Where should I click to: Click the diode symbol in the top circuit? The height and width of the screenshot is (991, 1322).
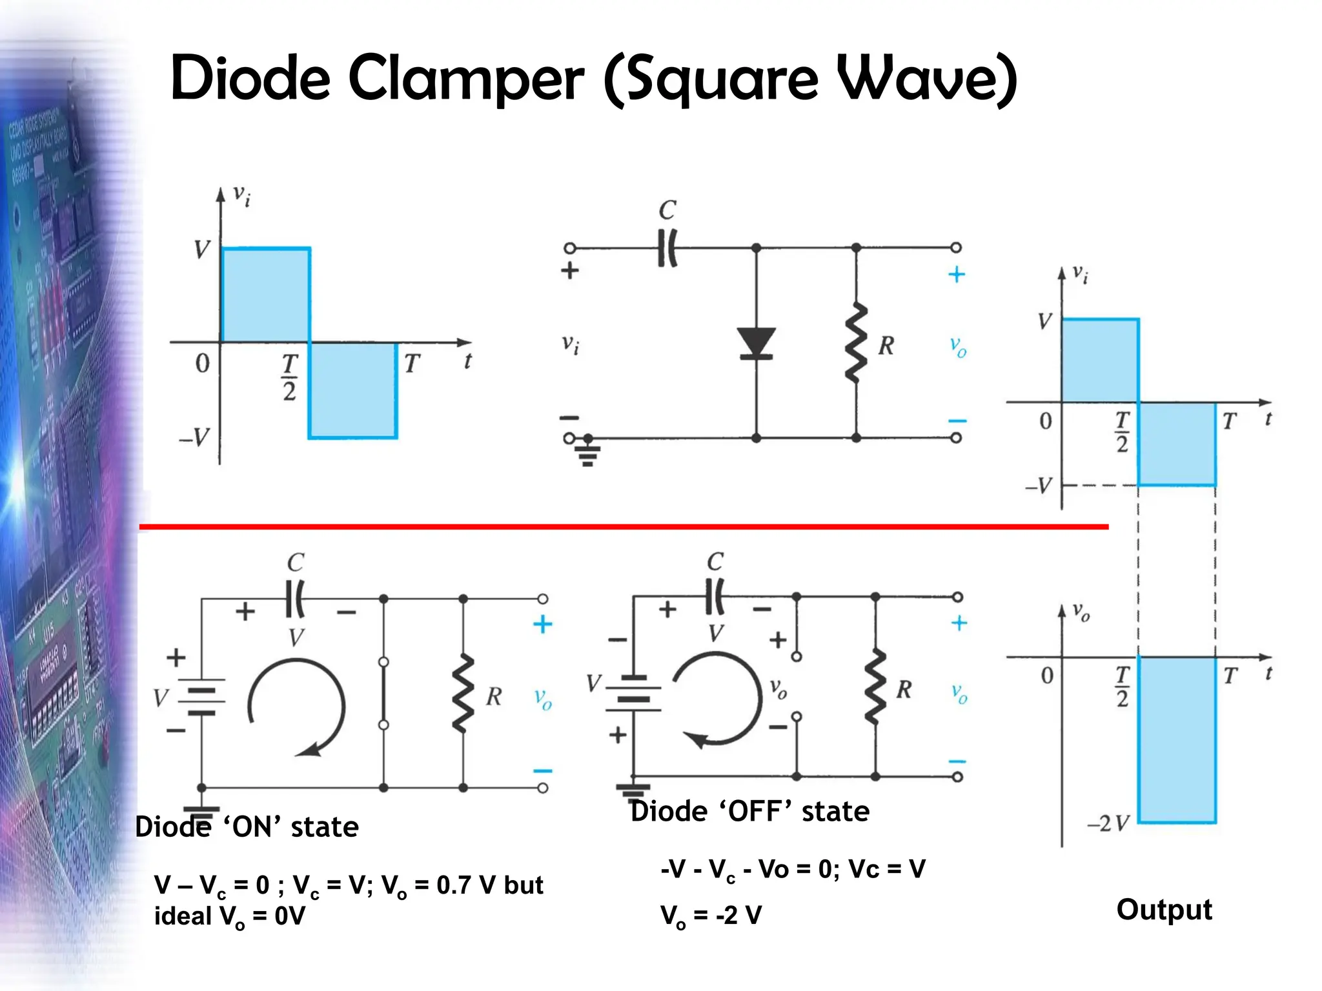tap(756, 343)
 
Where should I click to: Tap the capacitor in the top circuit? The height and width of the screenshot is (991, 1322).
tap(667, 248)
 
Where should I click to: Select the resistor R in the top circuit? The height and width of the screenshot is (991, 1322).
tap(856, 343)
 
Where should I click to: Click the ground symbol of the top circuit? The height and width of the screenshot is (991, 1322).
tap(587, 452)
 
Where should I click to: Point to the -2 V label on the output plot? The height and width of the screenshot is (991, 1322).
tap(1108, 823)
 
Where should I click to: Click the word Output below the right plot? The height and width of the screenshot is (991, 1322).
tap(1164, 910)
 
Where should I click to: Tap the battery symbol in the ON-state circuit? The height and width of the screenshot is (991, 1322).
tap(201, 697)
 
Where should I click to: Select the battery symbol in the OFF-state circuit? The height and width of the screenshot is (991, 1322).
tap(633, 694)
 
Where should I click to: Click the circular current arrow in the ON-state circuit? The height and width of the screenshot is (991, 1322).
tap(297, 706)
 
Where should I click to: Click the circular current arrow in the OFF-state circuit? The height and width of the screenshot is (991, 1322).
tap(717, 700)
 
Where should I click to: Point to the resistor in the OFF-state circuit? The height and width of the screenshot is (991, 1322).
tap(875, 688)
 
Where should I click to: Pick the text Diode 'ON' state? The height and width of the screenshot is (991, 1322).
tap(247, 826)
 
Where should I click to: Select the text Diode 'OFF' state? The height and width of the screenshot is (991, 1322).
tap(749, 811)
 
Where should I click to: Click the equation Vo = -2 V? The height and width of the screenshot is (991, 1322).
tap(711, 915)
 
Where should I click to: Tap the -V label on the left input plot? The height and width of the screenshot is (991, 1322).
tap(194, 437)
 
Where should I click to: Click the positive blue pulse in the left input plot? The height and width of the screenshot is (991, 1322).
tap(265, 295)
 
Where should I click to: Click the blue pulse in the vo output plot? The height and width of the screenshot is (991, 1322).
tap(1176, 739)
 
